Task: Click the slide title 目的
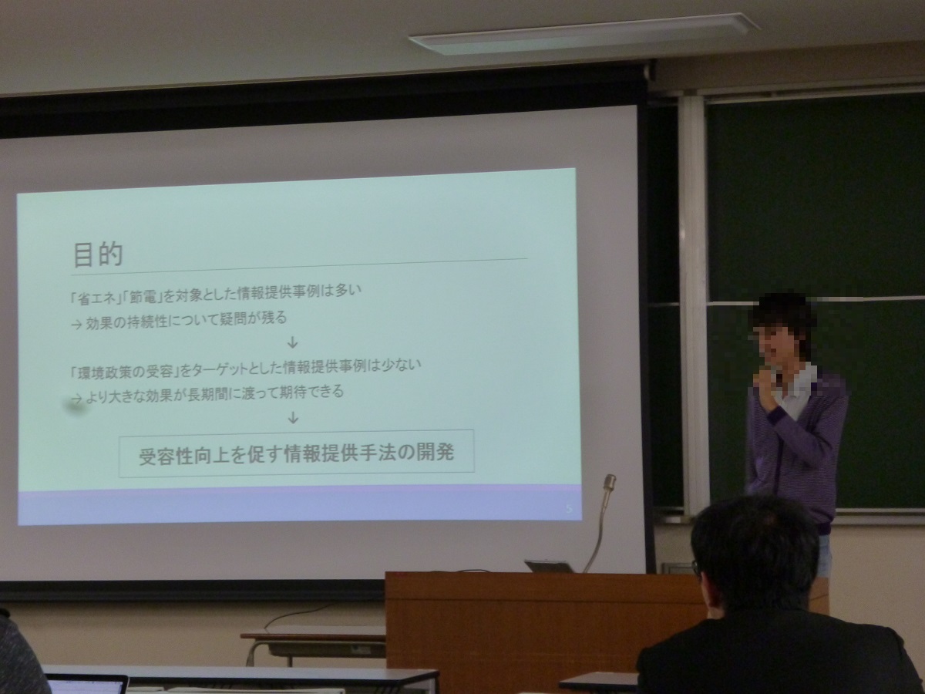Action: tap(98, 254)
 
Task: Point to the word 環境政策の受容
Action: tap(126, 371)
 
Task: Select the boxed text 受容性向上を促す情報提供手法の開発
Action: tap(296, 453)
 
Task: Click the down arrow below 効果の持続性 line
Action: tap(292, 342)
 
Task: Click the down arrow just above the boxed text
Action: tap(293, 418)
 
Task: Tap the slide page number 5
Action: tap(569, 509)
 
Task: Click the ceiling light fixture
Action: tap(584, 34)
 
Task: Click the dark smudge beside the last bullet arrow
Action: tap(75, 406)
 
